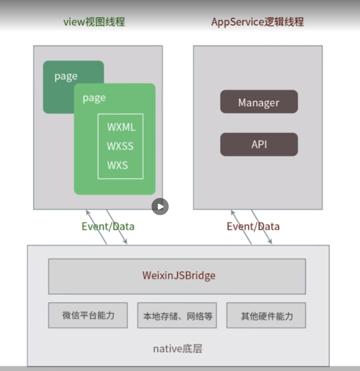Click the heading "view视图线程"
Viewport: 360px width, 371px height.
94,22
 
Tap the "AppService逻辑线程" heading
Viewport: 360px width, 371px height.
258,22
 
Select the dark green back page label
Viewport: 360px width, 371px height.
66,76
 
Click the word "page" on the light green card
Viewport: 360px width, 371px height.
94,98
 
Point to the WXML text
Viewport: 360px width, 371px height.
121,127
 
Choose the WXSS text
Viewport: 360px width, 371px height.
120,146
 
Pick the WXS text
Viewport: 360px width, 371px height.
117,166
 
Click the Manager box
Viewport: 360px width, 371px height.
259,101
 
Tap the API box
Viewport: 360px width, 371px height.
259,144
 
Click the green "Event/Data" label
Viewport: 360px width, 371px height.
108,226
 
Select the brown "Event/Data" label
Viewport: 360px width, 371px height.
253,226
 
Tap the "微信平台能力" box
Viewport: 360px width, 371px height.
88,316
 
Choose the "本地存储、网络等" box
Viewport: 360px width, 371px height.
177,316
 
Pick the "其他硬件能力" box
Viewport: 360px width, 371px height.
266,316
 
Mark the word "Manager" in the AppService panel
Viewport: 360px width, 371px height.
259,103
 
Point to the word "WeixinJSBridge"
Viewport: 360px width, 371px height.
179,275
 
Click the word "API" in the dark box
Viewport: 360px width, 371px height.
259,144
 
